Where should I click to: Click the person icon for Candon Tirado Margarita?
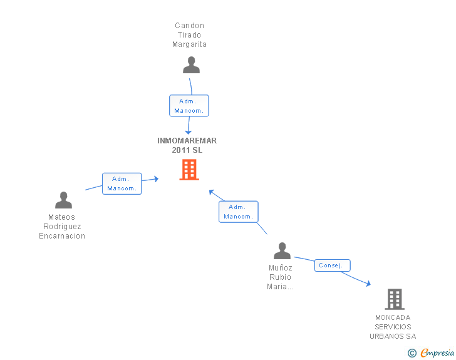click(192, 65)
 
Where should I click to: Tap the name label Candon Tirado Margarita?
click(189, 35)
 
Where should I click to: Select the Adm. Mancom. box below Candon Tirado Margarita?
click(189, 106)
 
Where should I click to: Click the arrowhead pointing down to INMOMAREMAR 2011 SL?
click(188, 132)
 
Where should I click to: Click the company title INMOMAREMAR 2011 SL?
click(187, 145)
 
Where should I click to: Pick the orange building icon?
click(189, 170)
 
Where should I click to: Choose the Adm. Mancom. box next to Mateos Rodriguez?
click(122, 183)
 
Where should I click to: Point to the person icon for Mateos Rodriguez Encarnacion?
click(63, 200)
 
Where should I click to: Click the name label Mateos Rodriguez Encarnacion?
click(62, 226)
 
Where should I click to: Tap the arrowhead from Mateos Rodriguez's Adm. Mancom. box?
click(157, 179)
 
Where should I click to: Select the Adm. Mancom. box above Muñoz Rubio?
click(239, 212)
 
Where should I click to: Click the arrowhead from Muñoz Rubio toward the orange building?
click(212, 192)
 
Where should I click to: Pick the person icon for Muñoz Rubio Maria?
click(282, 250)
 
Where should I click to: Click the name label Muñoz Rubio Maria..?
click(280, 277)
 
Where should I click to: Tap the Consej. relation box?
click(333, 265)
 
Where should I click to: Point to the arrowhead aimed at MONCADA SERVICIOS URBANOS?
click(369, 284)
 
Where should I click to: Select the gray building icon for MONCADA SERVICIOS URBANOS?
click(395, 299)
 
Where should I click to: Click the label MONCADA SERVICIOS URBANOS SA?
click(393, 327)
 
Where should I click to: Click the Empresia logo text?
click(437, 352)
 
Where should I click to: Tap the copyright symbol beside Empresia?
click(412, 353)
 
